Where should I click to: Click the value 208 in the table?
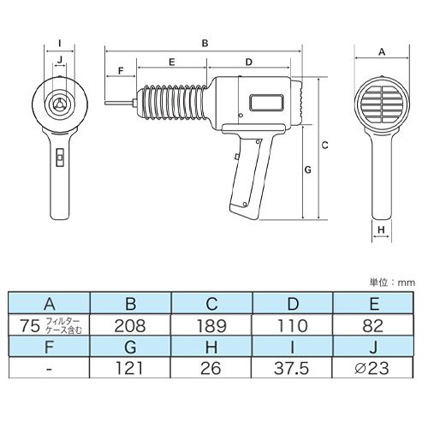130,325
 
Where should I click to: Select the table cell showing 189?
211,325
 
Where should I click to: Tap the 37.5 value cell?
291,368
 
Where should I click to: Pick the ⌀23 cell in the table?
372,368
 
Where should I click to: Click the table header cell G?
130,347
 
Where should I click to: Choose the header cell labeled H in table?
211,347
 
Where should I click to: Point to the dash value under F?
49,369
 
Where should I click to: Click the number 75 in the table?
30,325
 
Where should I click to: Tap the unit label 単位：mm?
392,282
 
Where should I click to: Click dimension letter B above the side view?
205,44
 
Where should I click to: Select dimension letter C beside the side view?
324,146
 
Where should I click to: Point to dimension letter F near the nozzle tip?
121,70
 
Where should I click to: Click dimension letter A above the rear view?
382,52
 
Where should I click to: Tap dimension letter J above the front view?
60,60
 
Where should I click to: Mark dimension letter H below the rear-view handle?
382,229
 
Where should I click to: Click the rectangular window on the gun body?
266,103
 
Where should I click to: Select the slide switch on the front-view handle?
60,158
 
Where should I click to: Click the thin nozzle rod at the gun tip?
119,104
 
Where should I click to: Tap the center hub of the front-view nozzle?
60,104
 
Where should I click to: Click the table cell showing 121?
129,368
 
